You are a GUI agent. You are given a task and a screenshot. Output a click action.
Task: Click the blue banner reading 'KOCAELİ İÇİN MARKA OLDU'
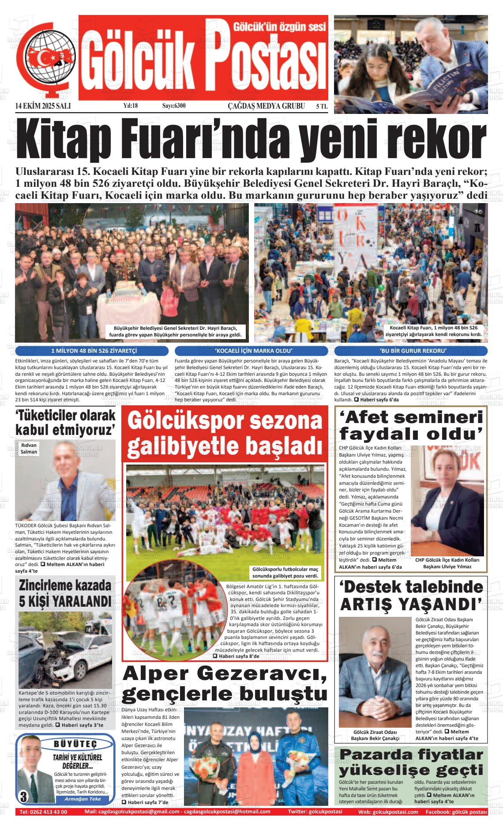click(251, 351)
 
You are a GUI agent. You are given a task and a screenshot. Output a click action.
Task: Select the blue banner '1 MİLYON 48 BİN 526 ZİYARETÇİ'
click(93, 351)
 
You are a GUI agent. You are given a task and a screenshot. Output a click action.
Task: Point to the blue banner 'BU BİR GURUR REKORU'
click(411, 351)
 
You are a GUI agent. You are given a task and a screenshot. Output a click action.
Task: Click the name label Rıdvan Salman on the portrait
click(29, 449)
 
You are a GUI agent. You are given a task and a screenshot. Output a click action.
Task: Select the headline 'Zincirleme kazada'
click(65, 585)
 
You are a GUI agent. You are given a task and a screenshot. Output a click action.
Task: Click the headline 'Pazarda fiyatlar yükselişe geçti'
click(411, 767)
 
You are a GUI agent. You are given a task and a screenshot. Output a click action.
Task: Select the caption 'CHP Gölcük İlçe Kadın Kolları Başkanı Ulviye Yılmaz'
click(447, 563)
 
